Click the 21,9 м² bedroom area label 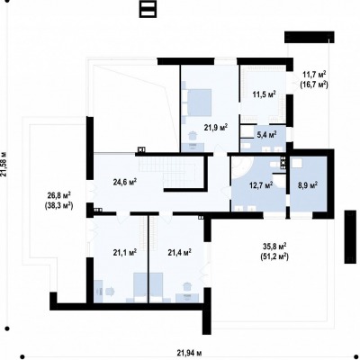pos(216,128)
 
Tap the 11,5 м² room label pos(264,94)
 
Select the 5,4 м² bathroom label pos(266,135)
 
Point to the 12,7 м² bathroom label pos(261,185)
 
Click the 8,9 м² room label pos(308,185)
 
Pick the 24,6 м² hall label pos(125,182)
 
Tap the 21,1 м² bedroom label pos(125,253)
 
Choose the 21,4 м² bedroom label pos(180,253)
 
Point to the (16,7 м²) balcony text pos(314,85)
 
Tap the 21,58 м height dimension pos(4,164)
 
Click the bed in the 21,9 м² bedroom pos(196,103)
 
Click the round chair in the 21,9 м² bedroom pos(192,136)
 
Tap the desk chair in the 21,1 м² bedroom pos(110,291)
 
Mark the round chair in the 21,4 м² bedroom pos(187,285)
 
